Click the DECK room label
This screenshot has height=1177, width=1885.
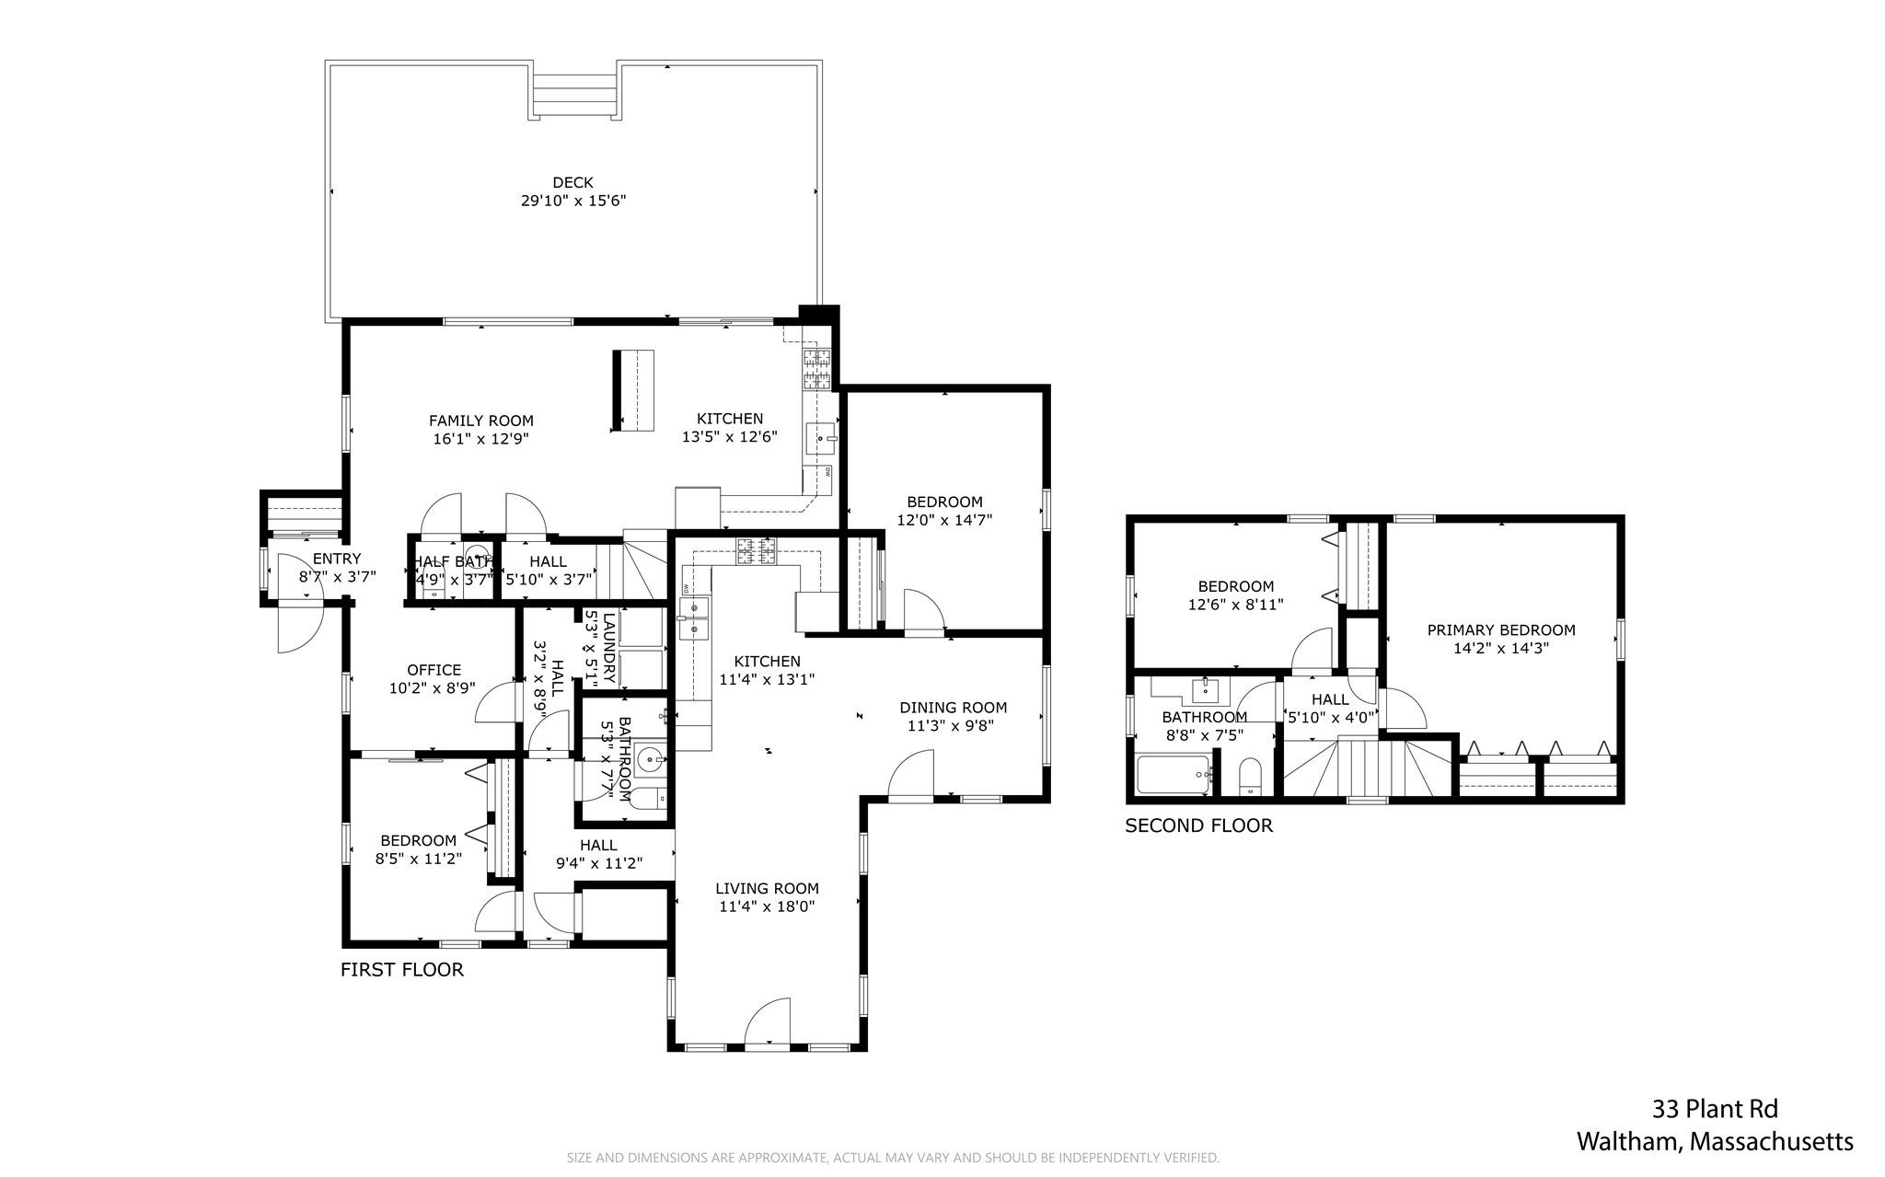click(572, 182)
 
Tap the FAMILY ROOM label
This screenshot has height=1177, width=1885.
click(480, 421)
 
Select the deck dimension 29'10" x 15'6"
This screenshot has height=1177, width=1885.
click(573, 201)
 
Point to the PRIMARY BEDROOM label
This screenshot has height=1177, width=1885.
click(1501, 630)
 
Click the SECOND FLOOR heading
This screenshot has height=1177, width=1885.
click(1199, 825)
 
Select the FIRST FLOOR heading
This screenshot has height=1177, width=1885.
click(402, 969)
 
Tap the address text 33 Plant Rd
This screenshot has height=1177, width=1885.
click(1715, 1108)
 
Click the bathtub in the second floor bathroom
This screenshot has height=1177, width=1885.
click(1174, 775)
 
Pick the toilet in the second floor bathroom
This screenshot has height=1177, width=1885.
click(1250, 776)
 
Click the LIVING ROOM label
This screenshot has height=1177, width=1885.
click(768, 889)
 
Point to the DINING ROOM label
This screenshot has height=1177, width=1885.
click(954, 708)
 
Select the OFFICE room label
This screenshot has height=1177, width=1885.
click(434, 670)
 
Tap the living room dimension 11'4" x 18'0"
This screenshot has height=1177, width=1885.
click(768, 906)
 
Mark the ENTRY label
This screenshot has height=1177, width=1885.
click(337, 559)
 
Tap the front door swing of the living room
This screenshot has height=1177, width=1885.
click(769, 1021)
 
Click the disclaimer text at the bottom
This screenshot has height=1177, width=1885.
click(893, 1158)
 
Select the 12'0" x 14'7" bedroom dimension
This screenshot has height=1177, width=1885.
click(945, 520)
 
